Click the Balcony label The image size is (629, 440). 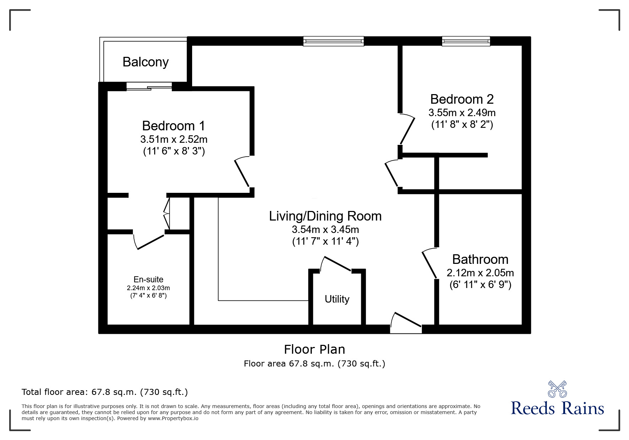[x=146, y=62]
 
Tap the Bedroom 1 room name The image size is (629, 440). [x=173, y=126]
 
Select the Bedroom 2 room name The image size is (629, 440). [x=462, y=99]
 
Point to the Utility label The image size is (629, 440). [x=337, y=299]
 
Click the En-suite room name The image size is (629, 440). [x=148, y=279]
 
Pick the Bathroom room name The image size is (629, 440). [x=480, y=259]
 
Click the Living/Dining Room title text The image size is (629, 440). [x=325, y=216]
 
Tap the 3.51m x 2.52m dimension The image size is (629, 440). [x=174, y=139]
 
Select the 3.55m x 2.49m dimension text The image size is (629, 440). [x=462, y=113]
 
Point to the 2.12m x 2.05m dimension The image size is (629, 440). [x=480, y=273]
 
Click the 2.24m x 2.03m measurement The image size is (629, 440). [x=148, y=288]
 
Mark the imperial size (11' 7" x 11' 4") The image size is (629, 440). [x=325, y=241]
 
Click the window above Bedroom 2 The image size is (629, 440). [x=466, y=41]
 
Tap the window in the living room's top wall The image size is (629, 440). [x=334, y=41]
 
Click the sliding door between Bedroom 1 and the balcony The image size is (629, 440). [x=149, y=87]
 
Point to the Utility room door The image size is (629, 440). [x=336, y=264]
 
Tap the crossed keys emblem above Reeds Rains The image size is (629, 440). [x=557, y=389]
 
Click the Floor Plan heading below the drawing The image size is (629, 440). [x=314, y=349]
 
